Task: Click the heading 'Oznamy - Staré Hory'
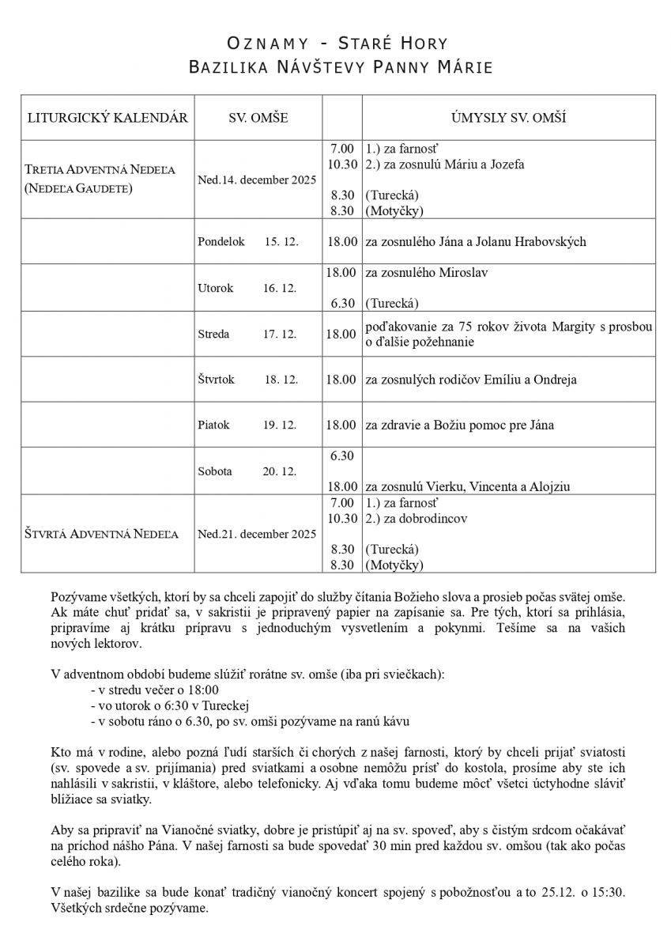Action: pos(336,43)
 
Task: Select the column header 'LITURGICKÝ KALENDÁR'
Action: pos(107,119)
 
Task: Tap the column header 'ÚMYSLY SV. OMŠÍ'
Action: pos(509,119)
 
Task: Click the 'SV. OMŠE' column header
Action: pos(258,119)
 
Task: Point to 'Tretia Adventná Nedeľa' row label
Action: pos(100,171)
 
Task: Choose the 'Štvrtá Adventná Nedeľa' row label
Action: pos(100,535)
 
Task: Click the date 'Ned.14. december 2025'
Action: pos(258,180)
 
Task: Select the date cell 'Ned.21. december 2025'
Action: pos(258,535)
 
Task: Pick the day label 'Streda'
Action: pos(214,335)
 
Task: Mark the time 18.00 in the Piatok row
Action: pos(341,425)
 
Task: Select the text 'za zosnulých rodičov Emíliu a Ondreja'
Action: pos(470,380)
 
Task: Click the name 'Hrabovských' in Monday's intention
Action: pos(551,242)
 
